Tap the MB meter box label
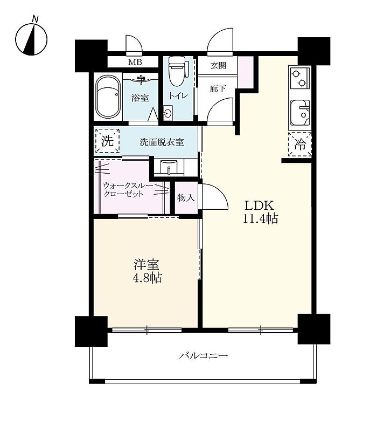[135, 62]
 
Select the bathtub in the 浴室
[108, 98]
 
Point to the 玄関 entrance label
[218, 65]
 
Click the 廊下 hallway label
[218, 89]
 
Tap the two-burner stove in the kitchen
[299, 78]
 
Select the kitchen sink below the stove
[300, 113]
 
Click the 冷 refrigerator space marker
[300, 144]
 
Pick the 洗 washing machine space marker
[107, 141]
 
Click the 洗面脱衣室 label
[162, 142]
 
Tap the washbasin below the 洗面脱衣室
[169, 167]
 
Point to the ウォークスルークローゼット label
[128, 190]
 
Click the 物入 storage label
[186, 198]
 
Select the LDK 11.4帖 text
[260, 212]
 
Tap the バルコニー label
[204, 355]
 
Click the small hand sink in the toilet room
[168, 113]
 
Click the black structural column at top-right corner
[314, 51]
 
